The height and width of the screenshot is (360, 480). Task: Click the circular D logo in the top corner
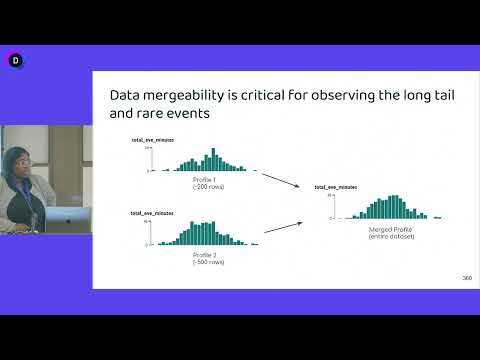coord(15,60)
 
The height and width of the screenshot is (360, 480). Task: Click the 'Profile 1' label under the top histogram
coord(209,179)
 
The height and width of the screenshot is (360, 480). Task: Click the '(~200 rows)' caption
coord(209,187)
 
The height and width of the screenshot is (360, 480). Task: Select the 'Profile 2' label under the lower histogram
coord(209,254)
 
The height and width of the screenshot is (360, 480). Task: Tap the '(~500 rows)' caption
coord(209,262)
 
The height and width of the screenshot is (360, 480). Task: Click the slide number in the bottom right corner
coord(467,277)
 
